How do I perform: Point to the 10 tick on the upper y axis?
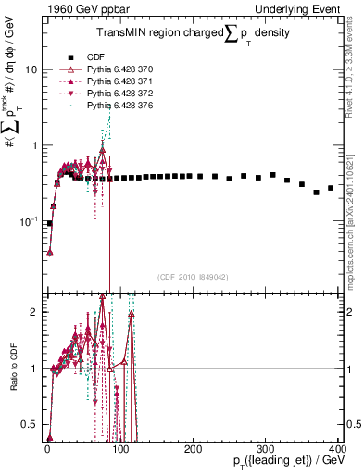tap(31, 70)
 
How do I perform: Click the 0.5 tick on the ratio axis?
tap(31, 425)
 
